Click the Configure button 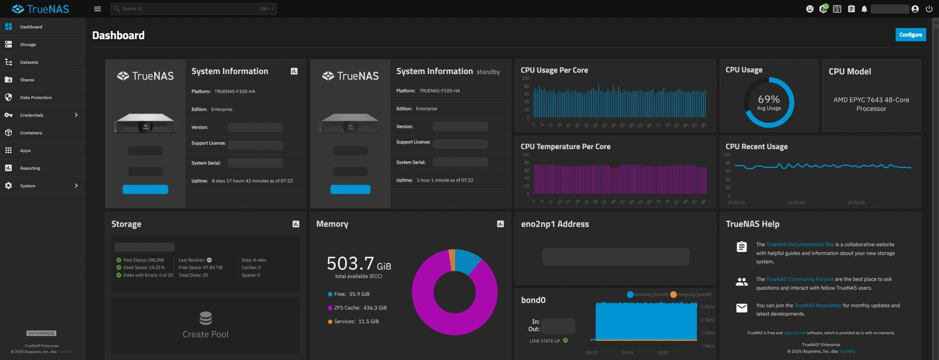(910, 35)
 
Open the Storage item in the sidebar (28, 45)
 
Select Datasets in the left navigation (29, 62)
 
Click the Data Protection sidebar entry (36, 98)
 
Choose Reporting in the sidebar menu (30, 168)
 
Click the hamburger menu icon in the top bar (98, 9)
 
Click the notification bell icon (864, 9)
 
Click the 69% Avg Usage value (769, 100)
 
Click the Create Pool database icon (206, 318)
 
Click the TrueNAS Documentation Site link (800, 245)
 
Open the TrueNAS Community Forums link (800, 279)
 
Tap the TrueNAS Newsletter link (818, 306)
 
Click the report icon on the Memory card (500, 224)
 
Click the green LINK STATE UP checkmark (565, 341)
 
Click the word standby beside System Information (488, 72)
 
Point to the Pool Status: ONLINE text (144, 260)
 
